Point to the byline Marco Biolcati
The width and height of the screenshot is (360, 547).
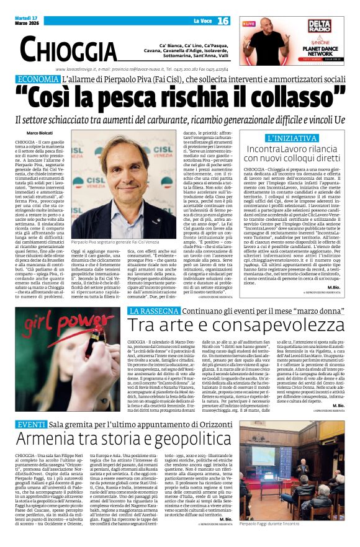40,133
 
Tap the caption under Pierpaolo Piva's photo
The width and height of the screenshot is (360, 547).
115,242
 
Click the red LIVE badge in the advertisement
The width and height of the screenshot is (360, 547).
249,24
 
